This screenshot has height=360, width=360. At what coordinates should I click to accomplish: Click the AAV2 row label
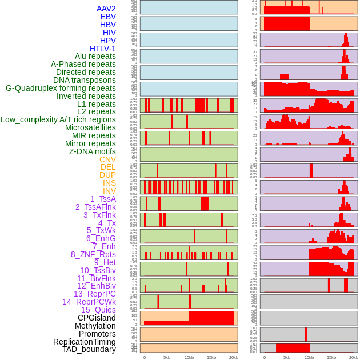[x=106, y=9]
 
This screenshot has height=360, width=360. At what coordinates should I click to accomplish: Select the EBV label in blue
[x=108, y=17]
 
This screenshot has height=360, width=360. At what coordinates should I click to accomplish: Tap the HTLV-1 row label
[x=102, y=49]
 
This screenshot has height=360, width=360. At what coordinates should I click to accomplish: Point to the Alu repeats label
[x=95, y=57]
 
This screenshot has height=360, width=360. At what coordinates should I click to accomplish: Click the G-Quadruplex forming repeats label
[x=61, y=88]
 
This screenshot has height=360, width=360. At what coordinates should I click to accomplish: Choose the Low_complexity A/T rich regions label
[x=58, y=119]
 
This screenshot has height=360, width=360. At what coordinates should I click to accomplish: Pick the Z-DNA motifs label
[x=93, y=151]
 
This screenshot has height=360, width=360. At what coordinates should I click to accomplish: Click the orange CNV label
[x=107, y=159]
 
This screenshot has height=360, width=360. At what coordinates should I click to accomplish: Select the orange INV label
[x=109, y=191]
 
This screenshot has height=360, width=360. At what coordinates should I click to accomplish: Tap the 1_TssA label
[x=103, y=199]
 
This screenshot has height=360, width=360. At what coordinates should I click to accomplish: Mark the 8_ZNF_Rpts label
[x=93, y=254]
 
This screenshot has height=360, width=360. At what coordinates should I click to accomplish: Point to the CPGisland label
[x=97, y=318]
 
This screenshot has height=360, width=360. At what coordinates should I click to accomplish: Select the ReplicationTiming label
[x=84, y=342]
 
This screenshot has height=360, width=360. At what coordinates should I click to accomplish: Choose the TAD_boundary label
[x=89, y=349]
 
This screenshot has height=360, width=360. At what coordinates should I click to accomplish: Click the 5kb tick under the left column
[x=167, y=357]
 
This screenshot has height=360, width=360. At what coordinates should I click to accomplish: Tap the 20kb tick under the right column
[x=354, y=357]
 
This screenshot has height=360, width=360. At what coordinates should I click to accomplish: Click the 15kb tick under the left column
[x=211, y=357]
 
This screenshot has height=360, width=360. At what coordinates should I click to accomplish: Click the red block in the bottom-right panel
[x=293, y=348]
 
